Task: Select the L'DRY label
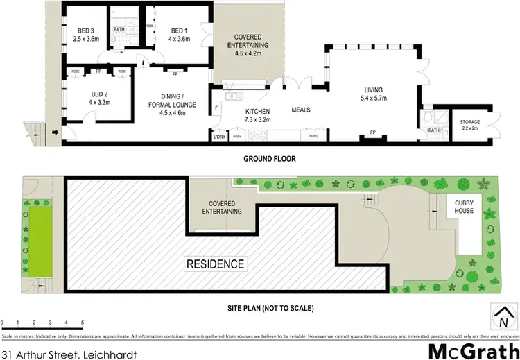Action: tap(219, 136)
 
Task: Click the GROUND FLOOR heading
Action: tap(269, 159)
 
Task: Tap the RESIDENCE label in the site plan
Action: tap(214, 264)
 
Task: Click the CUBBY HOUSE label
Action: tap(464, 206)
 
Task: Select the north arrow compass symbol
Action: tap(501, 318)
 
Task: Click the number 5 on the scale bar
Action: tap(83, 323)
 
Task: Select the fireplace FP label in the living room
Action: tap(373, 132)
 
